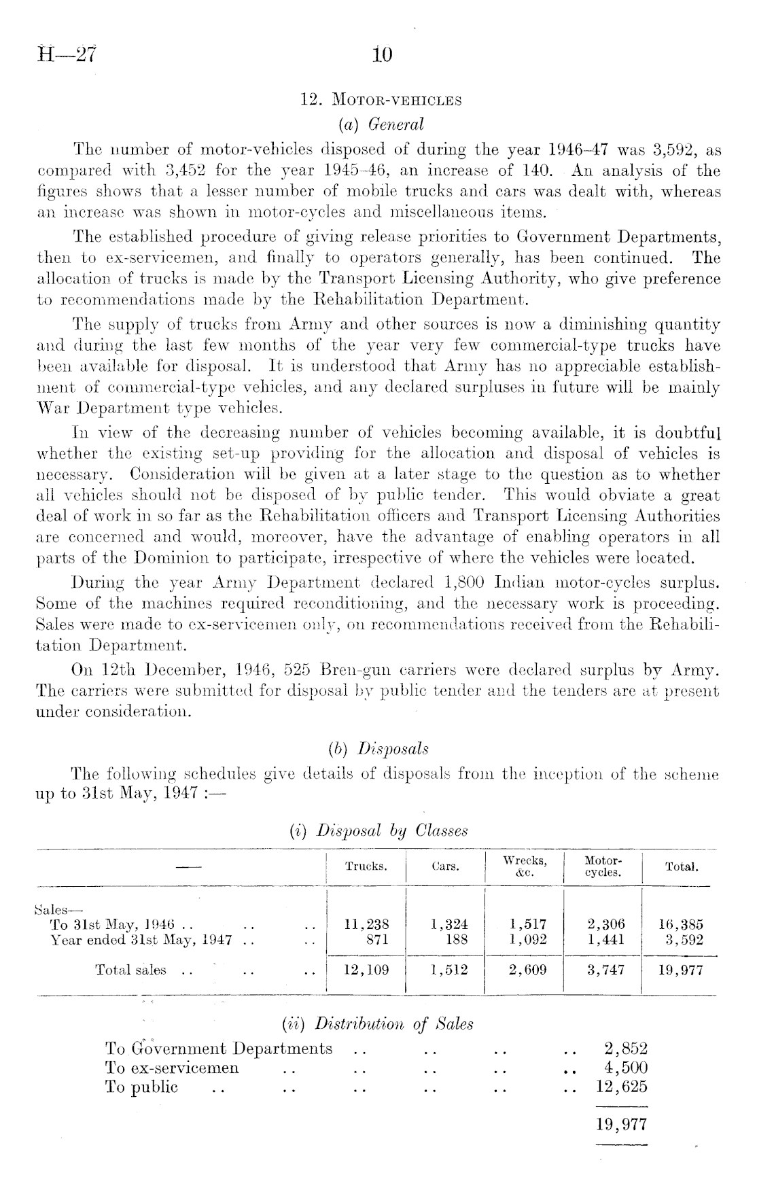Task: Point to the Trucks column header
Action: click(366, 866)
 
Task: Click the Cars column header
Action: click(446, 866)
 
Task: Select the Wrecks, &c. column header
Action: click(525, 866)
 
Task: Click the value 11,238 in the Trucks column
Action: click(367, 924)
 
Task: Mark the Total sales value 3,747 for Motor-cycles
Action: click(605, 970)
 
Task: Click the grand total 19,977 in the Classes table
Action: click(681, 970)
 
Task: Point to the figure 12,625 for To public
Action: click(621, 1087)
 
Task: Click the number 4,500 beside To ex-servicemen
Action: click(626, 1068)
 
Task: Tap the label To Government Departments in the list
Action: click(219, 1049)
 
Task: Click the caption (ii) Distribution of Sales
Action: click(378, 1023)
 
